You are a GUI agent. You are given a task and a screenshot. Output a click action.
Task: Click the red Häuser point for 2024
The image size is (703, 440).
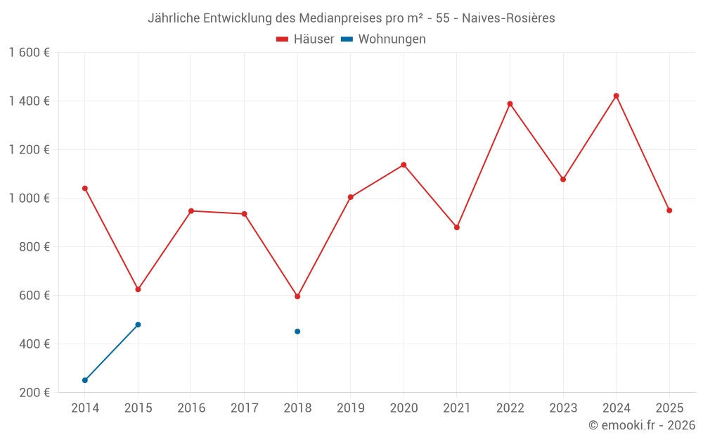[x=616, y=96]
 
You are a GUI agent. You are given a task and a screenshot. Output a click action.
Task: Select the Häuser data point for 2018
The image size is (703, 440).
[x=297, y=296]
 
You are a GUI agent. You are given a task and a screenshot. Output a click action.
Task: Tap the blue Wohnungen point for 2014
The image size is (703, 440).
[x=85, y=380]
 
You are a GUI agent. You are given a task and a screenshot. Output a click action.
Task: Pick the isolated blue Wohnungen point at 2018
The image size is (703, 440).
[x=297, y=332]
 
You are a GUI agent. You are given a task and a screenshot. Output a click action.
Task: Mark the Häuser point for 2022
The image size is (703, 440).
[x=510, y=104]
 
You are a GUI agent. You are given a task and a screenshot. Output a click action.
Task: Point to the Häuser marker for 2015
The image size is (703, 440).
[x=138, y=289]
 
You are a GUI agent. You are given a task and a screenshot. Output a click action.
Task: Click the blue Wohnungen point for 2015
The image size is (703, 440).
[x=138, y=325]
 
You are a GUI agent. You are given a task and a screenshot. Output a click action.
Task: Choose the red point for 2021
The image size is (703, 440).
[x=457, y=227]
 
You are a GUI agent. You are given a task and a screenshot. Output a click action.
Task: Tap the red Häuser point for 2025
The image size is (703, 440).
[x=669, y=210]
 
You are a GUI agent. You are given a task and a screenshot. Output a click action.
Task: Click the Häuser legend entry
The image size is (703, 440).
[x=306, y=39]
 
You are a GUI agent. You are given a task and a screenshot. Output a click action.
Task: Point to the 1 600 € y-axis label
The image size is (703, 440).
[x=29, y=53]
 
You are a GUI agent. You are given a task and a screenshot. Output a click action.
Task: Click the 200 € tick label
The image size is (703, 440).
[x=35, y=393]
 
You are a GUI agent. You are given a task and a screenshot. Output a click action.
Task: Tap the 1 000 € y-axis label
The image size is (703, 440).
[x=29, y=199]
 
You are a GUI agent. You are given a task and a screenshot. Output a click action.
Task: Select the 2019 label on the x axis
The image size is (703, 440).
[x=350, y=408]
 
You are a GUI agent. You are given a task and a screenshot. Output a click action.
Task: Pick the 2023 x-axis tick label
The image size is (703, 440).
[x=563, y=408]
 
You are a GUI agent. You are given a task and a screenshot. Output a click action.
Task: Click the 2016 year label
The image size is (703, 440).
[x=191, y=408]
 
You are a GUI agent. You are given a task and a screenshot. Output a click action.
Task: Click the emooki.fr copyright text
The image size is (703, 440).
[x=642, y=425]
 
